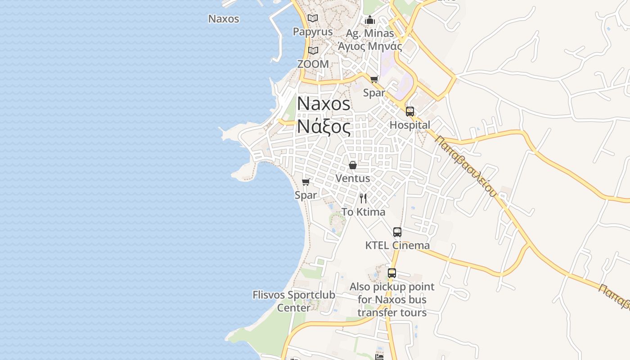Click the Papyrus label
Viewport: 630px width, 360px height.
(x=313, y=31)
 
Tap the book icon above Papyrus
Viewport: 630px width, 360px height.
(x=313, y=18)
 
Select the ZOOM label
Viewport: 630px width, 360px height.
(x=313, y=64)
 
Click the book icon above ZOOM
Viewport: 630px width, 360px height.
(x=313, y=50)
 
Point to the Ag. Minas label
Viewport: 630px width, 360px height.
(x=370, y=33)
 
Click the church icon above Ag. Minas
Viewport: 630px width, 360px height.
(x=370, y=20)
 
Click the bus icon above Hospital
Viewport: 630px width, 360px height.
(x=409, y=112)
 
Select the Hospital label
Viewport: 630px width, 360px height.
(x=409, y=125)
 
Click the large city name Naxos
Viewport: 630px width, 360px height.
(x=324, y=104)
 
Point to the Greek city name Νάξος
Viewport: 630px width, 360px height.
(x=324, y=127)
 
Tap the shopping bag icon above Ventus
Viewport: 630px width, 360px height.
(x=353, y=165)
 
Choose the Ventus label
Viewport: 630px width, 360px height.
(x=353, y=178)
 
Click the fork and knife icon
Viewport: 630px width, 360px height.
(x=363, y=198)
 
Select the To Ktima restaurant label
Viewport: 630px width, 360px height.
(x=363, y=211)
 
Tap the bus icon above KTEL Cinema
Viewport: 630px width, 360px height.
(x=397, y=232)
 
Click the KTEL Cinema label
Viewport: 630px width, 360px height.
(x=397, y=245)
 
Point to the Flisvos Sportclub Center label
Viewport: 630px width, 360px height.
(x=294, y=301)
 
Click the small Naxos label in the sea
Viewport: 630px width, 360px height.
(x=224, y=19)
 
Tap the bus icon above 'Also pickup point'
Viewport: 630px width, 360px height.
(x=391, y=273)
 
